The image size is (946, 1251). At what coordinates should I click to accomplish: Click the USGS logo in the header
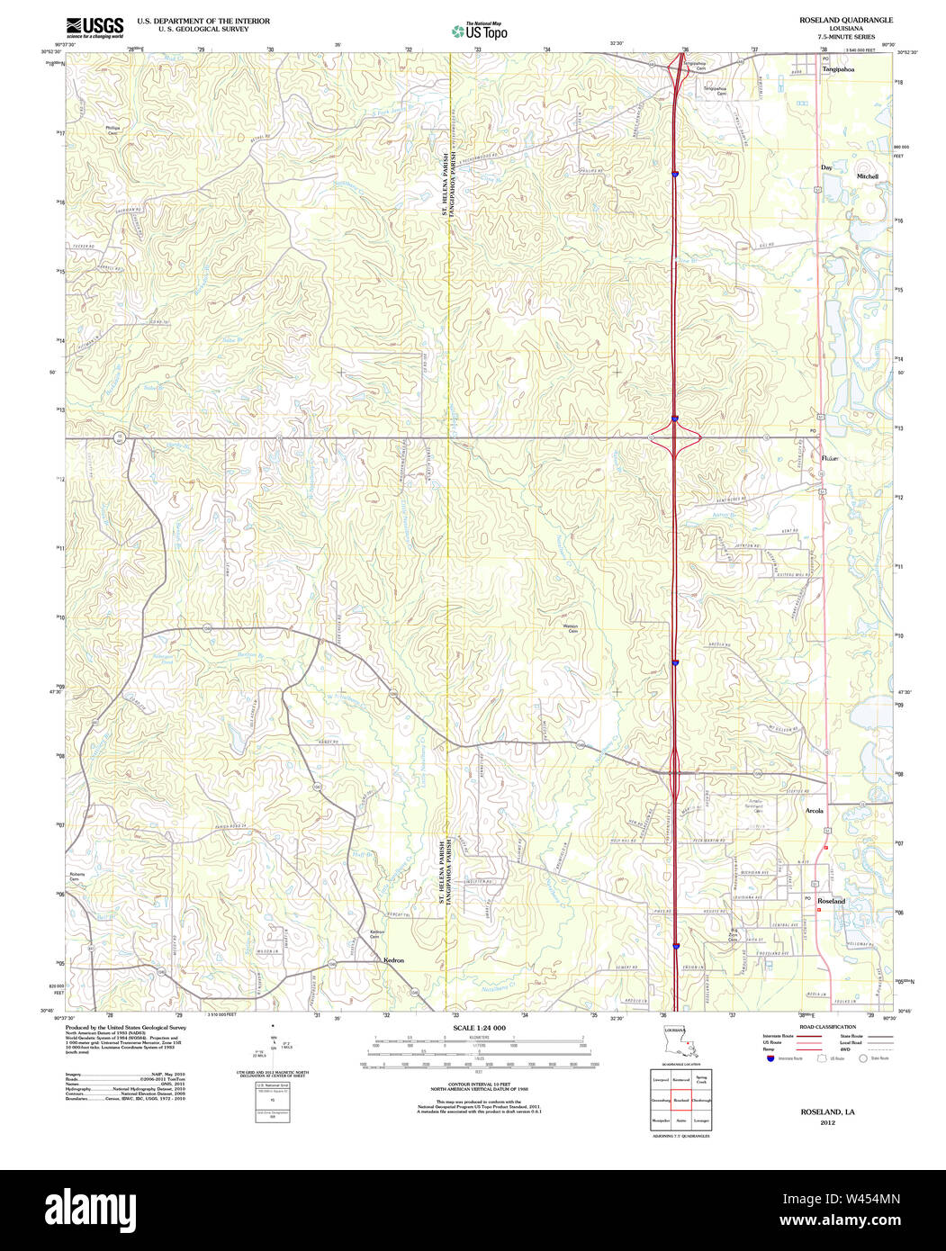[x=95, y=27]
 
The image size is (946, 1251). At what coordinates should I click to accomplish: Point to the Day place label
[x=826, y=167]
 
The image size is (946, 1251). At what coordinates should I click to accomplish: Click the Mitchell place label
[x=867, y=176]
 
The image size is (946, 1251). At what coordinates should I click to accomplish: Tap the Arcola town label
[x=814, y=811]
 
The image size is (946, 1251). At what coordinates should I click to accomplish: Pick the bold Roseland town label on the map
[x=832, y=901]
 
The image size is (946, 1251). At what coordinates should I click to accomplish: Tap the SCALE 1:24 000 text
[x=479, y=1028]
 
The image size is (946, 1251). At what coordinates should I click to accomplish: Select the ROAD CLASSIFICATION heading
[x=830, y=1027]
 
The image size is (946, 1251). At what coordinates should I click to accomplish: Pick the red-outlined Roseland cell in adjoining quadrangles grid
[x=680, y=1100]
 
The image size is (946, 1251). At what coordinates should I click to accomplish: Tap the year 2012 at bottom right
[x=828, y=1122]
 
